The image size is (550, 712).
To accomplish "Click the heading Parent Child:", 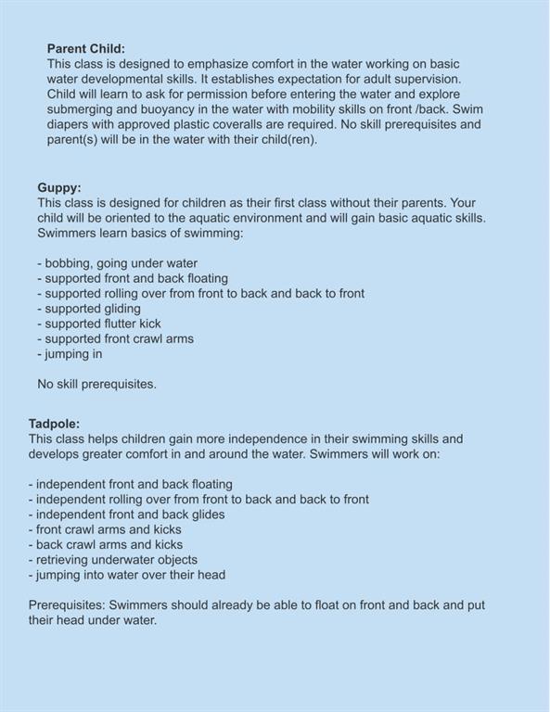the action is click(x=85, y=48).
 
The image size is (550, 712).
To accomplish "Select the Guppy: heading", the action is click(x=58, y=187).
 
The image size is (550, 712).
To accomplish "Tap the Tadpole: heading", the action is click(x=55, y=424).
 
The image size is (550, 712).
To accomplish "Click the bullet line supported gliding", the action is click(x=89, y=309).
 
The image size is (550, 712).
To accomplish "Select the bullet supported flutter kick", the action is click(x=99, y=324).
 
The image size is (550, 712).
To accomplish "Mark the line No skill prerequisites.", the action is click(x=96, y=384).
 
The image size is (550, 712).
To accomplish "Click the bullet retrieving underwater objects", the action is click(x=113, y=559).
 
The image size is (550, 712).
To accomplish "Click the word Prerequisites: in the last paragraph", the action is click(x=67, y=605).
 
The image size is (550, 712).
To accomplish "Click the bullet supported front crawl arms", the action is click(x=116, y=338).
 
